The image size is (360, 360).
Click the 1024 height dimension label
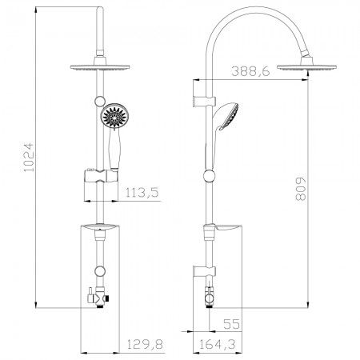(x=29, y=158)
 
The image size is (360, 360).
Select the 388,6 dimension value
(x=250, y=71)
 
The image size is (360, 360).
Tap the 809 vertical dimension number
(x=301, y=189)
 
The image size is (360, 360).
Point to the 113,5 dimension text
(x=142, y=192)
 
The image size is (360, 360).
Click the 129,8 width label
(x=144, y=344)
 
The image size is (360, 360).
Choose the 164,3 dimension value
(x=218, y=344)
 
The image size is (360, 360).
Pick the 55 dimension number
(x=231, y=324)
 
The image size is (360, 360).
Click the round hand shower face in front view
(x=114, y=116)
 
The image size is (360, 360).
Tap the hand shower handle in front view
(x=114, y=150)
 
